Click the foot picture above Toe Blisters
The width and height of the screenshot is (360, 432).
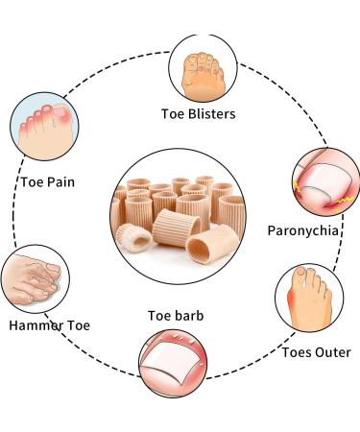pos(202,69)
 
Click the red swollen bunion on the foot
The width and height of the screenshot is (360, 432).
pos(288,306)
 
